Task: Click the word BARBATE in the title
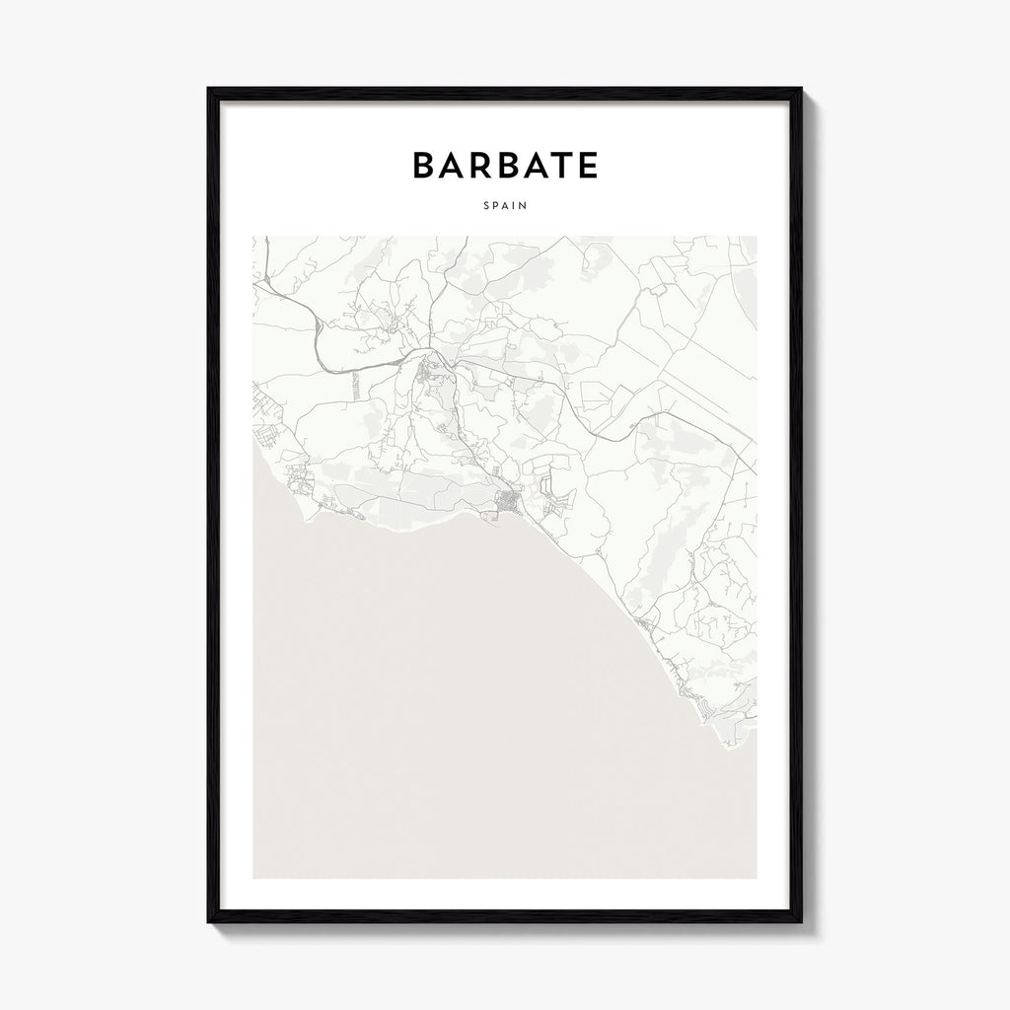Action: [505, 166]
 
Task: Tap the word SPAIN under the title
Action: [505, 206]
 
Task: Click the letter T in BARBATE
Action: [561, 166]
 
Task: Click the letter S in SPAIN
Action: [486, 206]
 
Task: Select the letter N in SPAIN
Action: [523, 206]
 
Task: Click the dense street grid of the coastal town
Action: [508, 504]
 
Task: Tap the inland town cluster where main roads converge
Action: [429, 370]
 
